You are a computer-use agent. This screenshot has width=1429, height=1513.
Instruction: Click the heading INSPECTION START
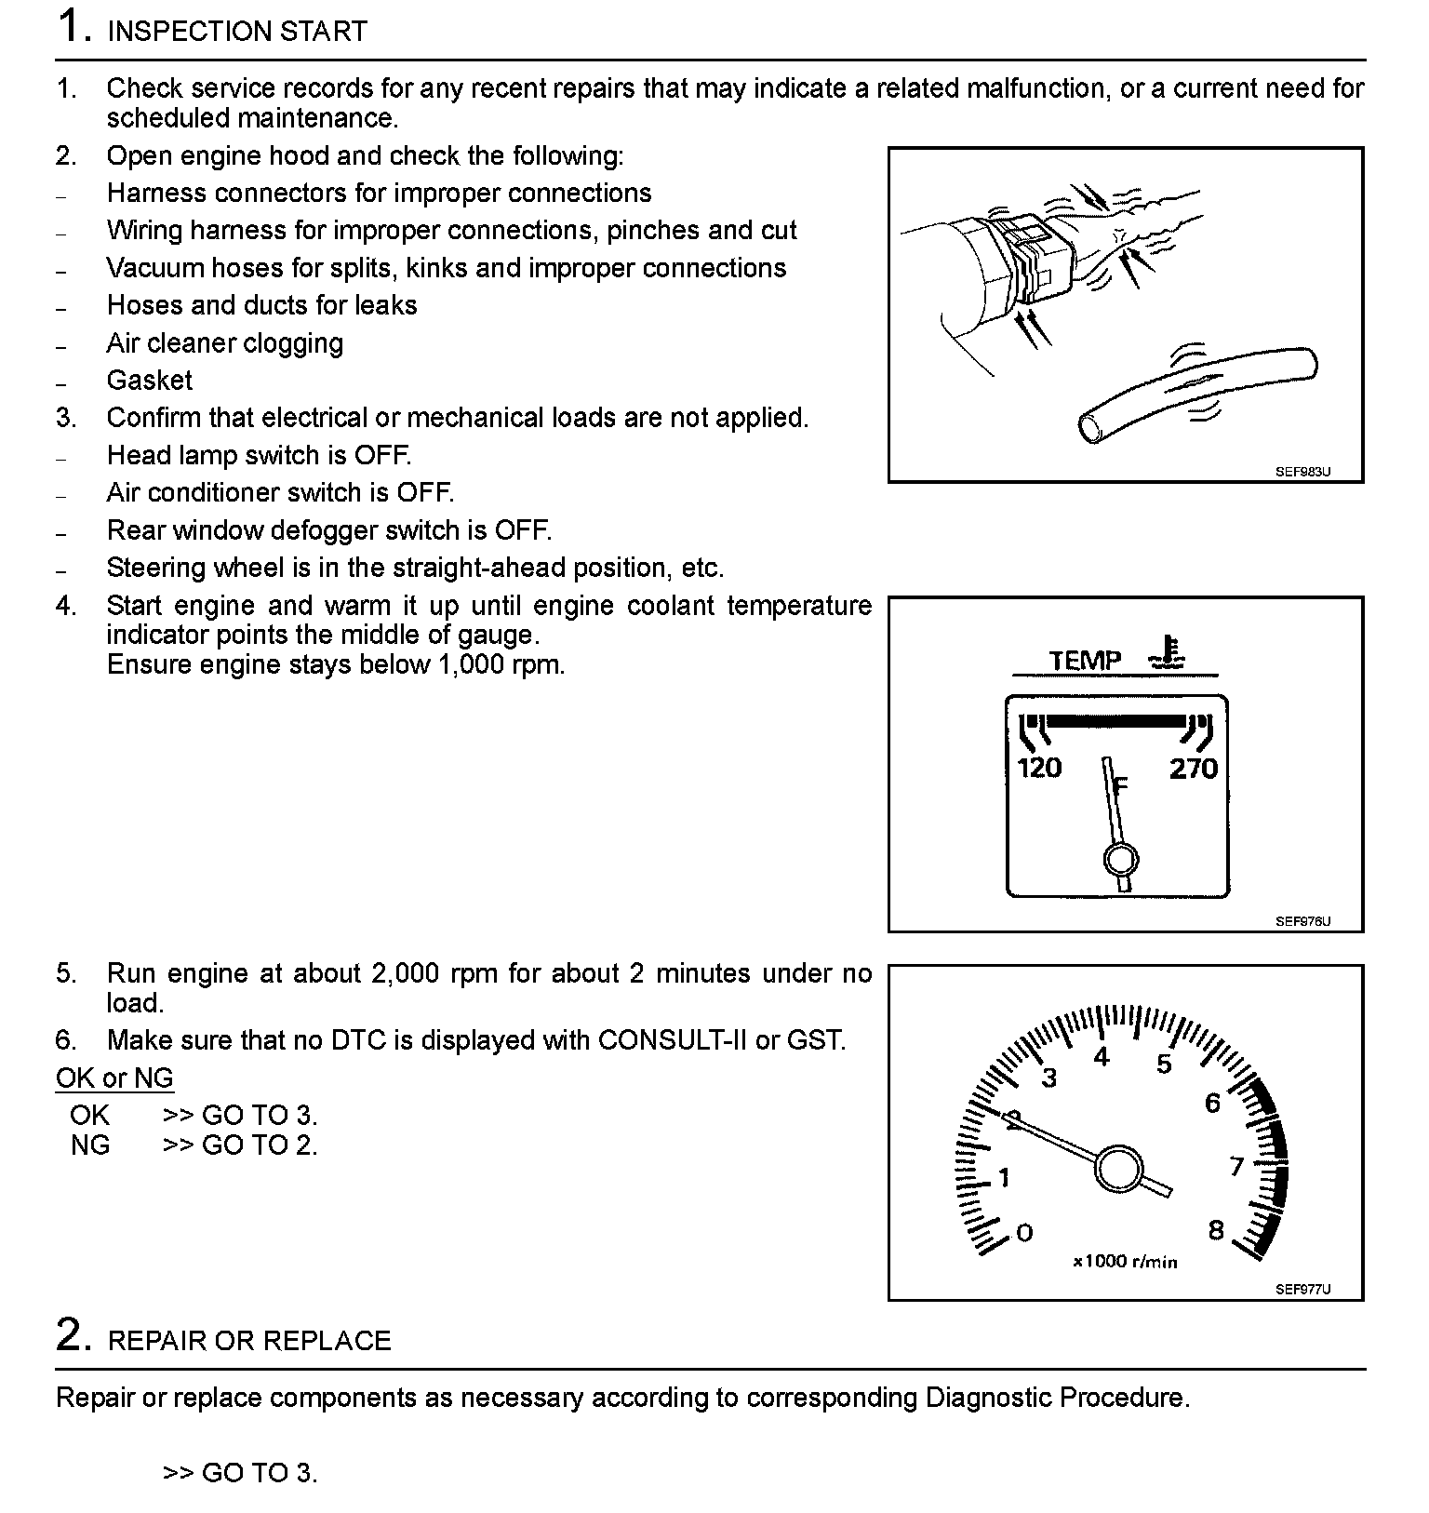tap(237, 32)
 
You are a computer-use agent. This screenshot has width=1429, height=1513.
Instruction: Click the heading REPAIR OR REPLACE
tap(249, 1341)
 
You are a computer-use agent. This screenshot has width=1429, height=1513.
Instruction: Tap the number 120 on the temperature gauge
tap(1039, 768)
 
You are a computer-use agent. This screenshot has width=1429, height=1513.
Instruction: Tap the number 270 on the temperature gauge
tap(1194, 768)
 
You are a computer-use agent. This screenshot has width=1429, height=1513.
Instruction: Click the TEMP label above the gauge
tap(1086, 661)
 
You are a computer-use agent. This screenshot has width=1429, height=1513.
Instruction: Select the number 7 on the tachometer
tap(1236, 1166)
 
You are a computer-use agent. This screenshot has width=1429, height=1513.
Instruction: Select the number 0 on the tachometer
tap(1024, 1233)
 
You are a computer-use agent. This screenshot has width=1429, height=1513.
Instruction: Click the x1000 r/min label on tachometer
tap(1125, 1263)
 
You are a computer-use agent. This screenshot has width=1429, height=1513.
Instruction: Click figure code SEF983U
tap(1302, 472)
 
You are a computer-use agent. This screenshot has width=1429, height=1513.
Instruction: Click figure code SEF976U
tap(1302, 921)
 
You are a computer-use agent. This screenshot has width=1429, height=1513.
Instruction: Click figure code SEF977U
tap(1302, 1289)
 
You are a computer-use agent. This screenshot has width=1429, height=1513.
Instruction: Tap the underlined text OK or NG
tap(114, 1078)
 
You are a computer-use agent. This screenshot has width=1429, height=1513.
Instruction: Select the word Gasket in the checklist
tap(150, 381)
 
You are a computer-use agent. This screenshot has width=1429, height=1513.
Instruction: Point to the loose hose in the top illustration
tap(1200, 391)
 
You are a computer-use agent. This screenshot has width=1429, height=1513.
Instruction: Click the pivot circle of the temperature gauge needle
tap(1121, 859)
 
